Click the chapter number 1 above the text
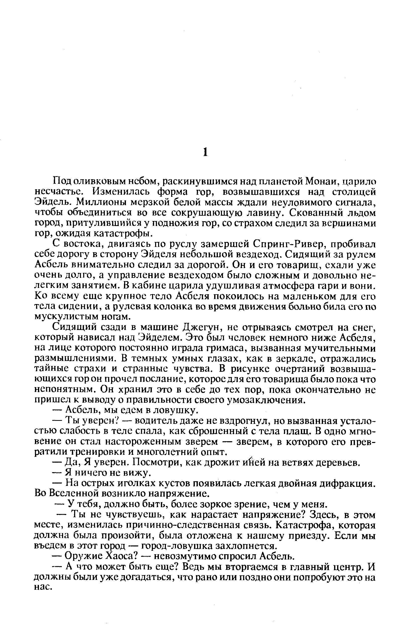pos(205,153)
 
